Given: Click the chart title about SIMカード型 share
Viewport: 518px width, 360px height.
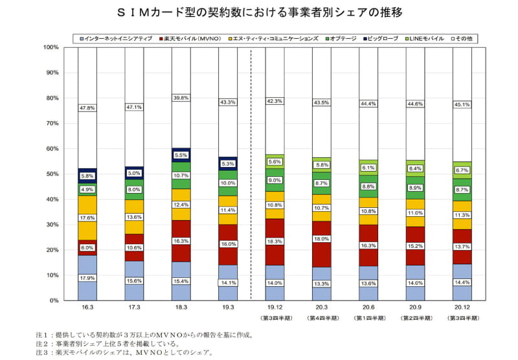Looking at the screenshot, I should [x=259, y=12].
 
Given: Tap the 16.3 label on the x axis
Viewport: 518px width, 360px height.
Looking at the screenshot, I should [x=87, y=309].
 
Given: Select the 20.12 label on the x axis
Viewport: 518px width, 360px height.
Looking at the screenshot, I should [x=462, y=309].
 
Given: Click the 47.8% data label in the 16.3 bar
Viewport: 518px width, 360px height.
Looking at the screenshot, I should [x=87, y=107].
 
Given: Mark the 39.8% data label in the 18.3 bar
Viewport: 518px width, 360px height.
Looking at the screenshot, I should [x=181, y=98].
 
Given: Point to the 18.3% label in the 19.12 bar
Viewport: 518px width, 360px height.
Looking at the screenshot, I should [x=275, y=242].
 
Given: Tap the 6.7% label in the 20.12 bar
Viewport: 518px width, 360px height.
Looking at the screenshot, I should [x=462, y=170].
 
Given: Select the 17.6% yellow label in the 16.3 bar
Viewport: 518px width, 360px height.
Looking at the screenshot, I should [x=87, y=218].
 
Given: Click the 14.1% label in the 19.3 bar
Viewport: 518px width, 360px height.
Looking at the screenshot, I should [x=228, y=282].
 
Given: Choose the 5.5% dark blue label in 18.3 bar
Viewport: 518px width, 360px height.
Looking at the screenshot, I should [x=181, y=155].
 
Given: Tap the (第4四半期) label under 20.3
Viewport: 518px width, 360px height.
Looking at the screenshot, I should [x=322, y=319].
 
